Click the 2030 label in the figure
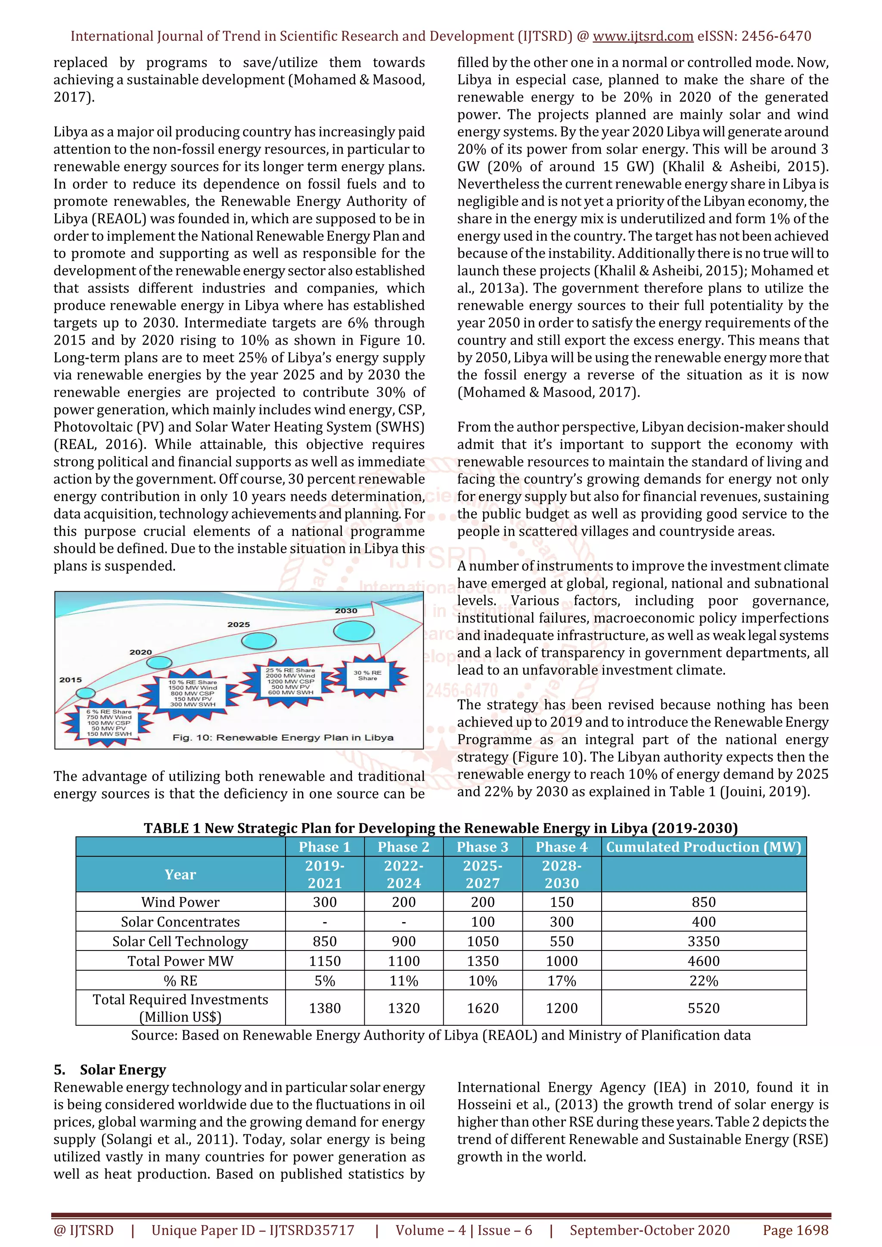click(x=346, y=611)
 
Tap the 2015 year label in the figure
click(x=71, y=679)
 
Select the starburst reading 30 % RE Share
click(x=368, y=675)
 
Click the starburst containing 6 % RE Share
click(x=108, y=722)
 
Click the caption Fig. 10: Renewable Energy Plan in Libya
click(x=283, y=738)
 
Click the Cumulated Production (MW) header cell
click(x=703, y=847)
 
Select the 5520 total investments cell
click(x=703, y=1008)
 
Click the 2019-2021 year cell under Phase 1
click(x=324, y=874)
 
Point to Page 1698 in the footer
click(x=795, y=1230)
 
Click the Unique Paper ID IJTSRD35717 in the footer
click(x=253, y=1230)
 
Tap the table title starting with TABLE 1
click(x=441, y=828)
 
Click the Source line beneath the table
click(x=441, y=1035)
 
